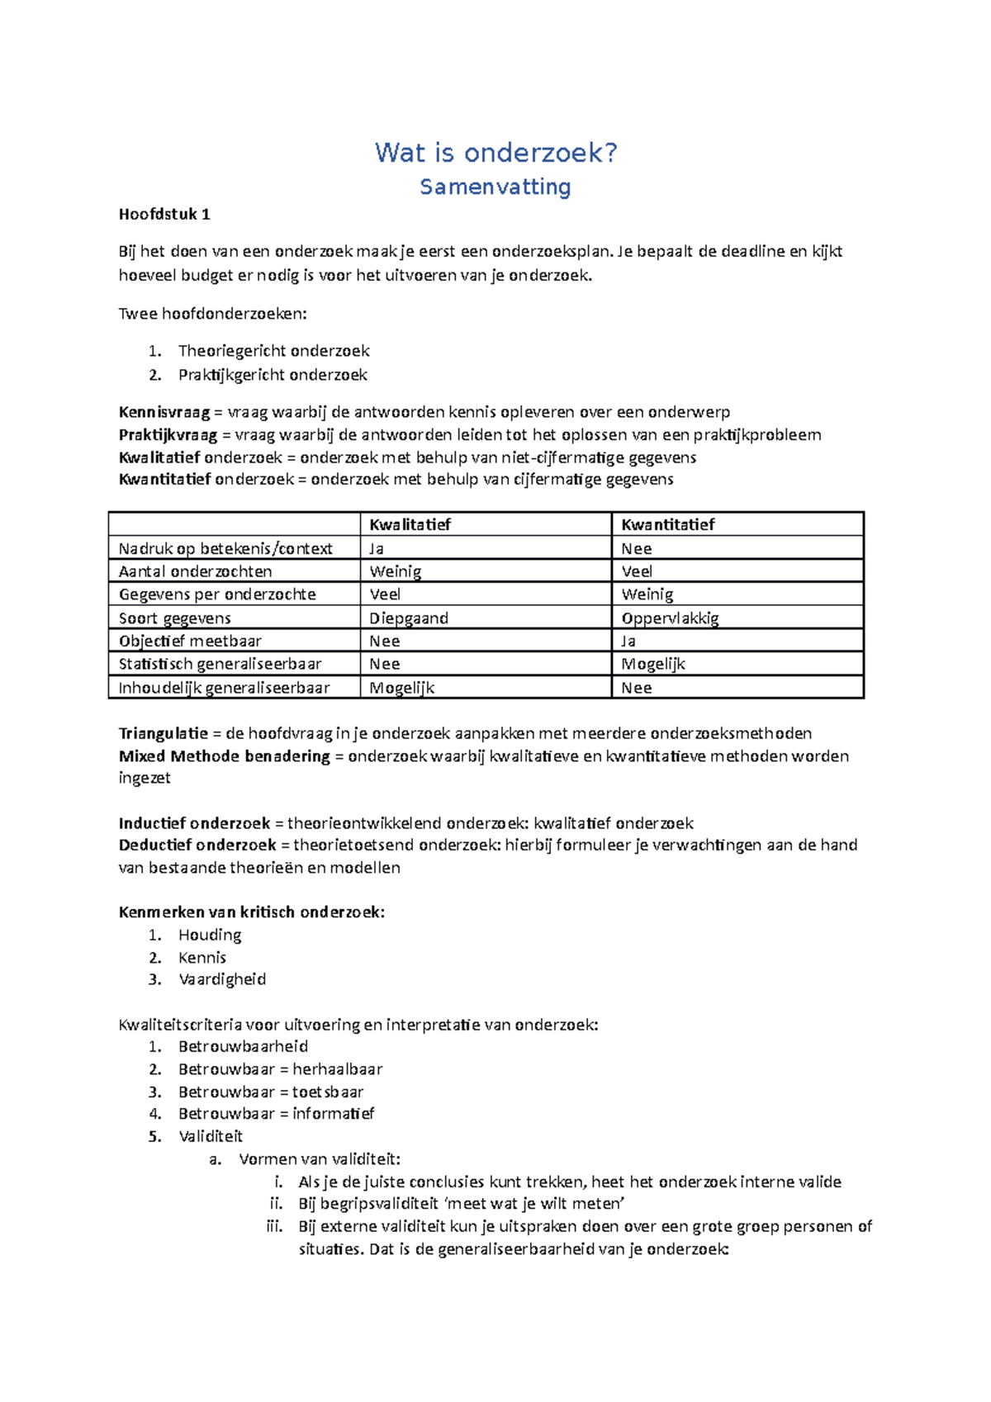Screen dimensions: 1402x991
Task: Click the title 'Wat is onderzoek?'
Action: click(x=495, y=153)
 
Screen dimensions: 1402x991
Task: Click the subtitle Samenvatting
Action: click(x=495, y=187)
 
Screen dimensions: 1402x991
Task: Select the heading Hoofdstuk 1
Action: click(x=164, y=215)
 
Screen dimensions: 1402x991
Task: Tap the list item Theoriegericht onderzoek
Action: click(x=273, y=351)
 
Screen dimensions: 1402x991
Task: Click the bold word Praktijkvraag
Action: click(x=168, y=435)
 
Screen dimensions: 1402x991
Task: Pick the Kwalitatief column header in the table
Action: click(x=410, y=524)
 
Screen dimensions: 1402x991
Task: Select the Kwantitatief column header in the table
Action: click(x=667, y=524)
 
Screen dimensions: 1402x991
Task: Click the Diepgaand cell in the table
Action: click(x=409, y=618)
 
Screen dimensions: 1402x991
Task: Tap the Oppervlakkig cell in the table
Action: click(x=670, y=618)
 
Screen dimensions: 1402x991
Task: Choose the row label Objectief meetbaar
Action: click(x=190, y=642)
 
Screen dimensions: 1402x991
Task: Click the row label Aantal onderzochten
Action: click(x=195, y=571)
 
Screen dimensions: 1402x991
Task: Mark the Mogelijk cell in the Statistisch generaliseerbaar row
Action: click(x=653, y=664)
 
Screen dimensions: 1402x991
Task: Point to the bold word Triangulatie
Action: click(x=164, y=733)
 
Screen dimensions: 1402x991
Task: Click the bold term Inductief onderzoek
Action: click(x=194, y=823)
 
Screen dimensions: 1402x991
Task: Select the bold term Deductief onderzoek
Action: click(x=197, y=845)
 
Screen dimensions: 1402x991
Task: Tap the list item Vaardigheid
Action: click(x=222, y=979)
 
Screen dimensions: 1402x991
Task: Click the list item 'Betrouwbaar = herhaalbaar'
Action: click(x=280, y=1069)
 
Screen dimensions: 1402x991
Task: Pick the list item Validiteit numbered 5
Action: click(x=211, y=1137)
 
